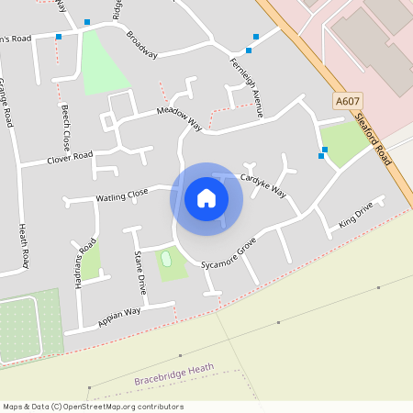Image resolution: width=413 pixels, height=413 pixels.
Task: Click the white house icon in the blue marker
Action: point(206,198)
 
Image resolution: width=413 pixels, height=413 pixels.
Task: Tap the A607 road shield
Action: point(348,101)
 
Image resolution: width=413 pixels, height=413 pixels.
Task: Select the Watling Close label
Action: point(122,195)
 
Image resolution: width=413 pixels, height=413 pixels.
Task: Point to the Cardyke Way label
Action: point(263,184)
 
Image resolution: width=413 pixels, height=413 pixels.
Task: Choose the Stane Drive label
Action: point(140,272)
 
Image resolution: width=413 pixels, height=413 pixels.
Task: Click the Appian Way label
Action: point(119,318)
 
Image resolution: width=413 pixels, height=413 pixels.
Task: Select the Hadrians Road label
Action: point(85,264)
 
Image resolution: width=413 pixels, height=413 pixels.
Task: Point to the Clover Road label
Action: point(70,159)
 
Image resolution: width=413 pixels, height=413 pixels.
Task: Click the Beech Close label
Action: point(66,128)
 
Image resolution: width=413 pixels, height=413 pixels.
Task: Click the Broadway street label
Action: point(142,45)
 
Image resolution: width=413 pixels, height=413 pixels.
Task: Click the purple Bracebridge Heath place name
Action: point(173,373)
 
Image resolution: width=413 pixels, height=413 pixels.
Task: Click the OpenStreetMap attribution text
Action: point(93,407)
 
